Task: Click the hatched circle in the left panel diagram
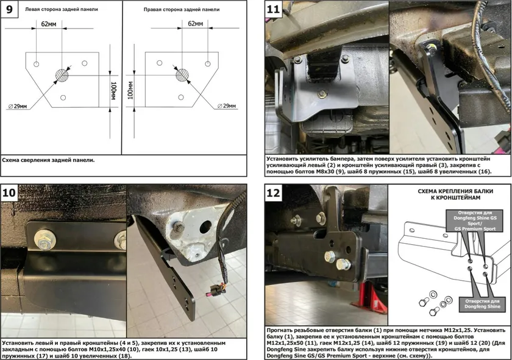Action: pos(61,75)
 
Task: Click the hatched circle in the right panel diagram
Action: pos(182,75)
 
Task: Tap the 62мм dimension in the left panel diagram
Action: pos(49,24)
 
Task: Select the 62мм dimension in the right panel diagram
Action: pos(194,24)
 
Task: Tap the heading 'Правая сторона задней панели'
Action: pos(182,10)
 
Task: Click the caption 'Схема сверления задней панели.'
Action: pos(49,160)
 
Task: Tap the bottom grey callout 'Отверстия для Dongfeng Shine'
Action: pos(482,303)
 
